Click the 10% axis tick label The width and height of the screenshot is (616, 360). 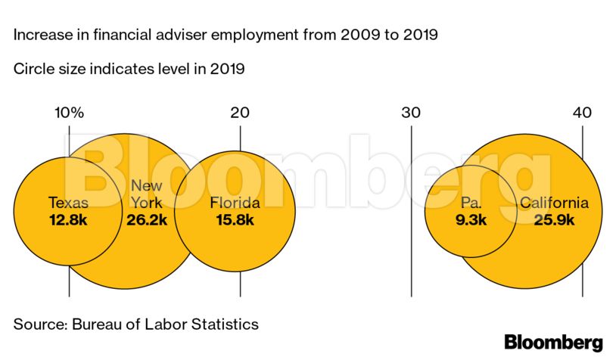(69, 113)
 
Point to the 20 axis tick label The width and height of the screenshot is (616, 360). (240, 113)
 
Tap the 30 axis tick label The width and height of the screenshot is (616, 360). (411, 113)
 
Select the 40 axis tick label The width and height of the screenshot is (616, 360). (582, 113)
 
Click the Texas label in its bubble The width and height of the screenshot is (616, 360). (68, 203)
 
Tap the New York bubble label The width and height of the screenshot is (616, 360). (146, 194)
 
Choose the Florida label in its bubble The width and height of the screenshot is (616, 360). (235, 203)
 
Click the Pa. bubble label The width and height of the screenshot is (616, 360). (471, 203)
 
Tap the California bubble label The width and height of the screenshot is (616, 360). (553, 203)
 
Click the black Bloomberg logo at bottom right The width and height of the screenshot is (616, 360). (553, 342)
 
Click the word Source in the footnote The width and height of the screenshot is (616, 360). (38, 324)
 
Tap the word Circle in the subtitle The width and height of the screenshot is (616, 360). (32, 70)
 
